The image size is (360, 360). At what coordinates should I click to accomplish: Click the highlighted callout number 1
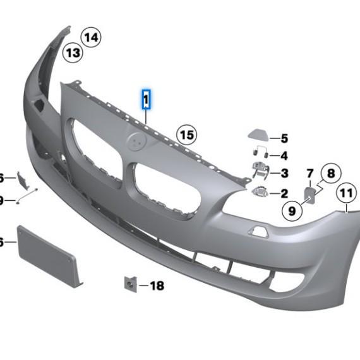(x=146, y=100)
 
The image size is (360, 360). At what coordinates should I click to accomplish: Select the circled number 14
(x=91, y=38)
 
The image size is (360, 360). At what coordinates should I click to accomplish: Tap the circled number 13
(x=73, y=52)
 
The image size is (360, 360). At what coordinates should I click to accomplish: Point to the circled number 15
(x=186, y=135)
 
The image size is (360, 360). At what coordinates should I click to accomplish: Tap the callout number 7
(x=309, y=173)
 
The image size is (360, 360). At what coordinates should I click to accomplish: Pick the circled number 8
(x=330, y=172)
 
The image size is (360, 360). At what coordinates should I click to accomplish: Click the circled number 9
(x=292, y=210)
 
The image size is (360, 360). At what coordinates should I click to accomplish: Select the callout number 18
(x=156, y=286)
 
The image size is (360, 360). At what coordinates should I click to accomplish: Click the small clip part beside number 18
(x=129, y=285)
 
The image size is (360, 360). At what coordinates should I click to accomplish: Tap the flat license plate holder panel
(x=47, y=255)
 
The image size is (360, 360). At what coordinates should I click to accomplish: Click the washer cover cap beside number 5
(x=258, y=135)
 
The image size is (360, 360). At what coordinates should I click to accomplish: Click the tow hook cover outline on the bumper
(x=260, y=232)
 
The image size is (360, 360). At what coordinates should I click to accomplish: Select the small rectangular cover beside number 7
(x=311, y=193)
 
